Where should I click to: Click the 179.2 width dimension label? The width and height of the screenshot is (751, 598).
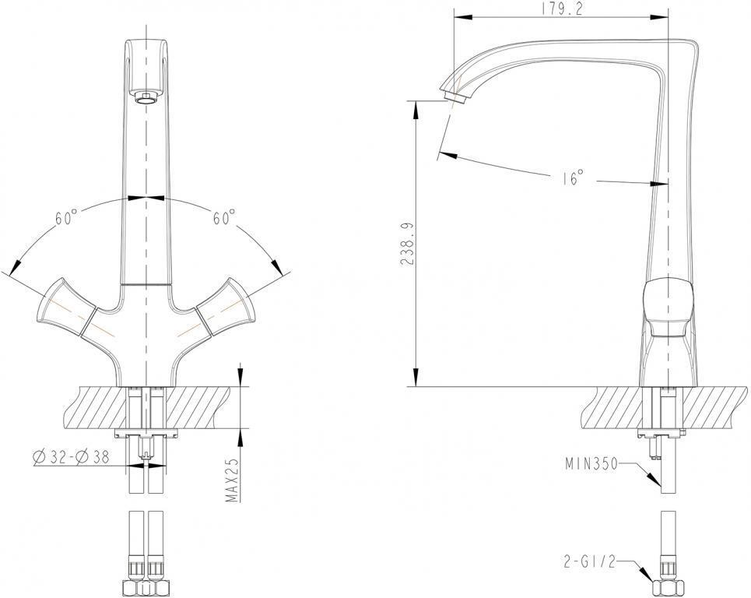pyautogui.click(x=563, y=9)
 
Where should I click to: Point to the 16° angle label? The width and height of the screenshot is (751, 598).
pyautogui.click(x=573, y=178)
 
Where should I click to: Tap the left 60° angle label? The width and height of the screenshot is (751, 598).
pyautogui.click(x=66, y=218)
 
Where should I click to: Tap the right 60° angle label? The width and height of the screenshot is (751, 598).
pyautogui.click(x=223, y=217)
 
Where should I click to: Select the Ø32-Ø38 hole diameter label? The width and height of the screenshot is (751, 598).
pyautogui.click(x=71, y=457)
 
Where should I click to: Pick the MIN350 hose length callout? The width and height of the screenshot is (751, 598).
pyautogui.click(x=591, y=464)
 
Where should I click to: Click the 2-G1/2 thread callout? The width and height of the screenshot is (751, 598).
pyautogui.click(x=588, y=561)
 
